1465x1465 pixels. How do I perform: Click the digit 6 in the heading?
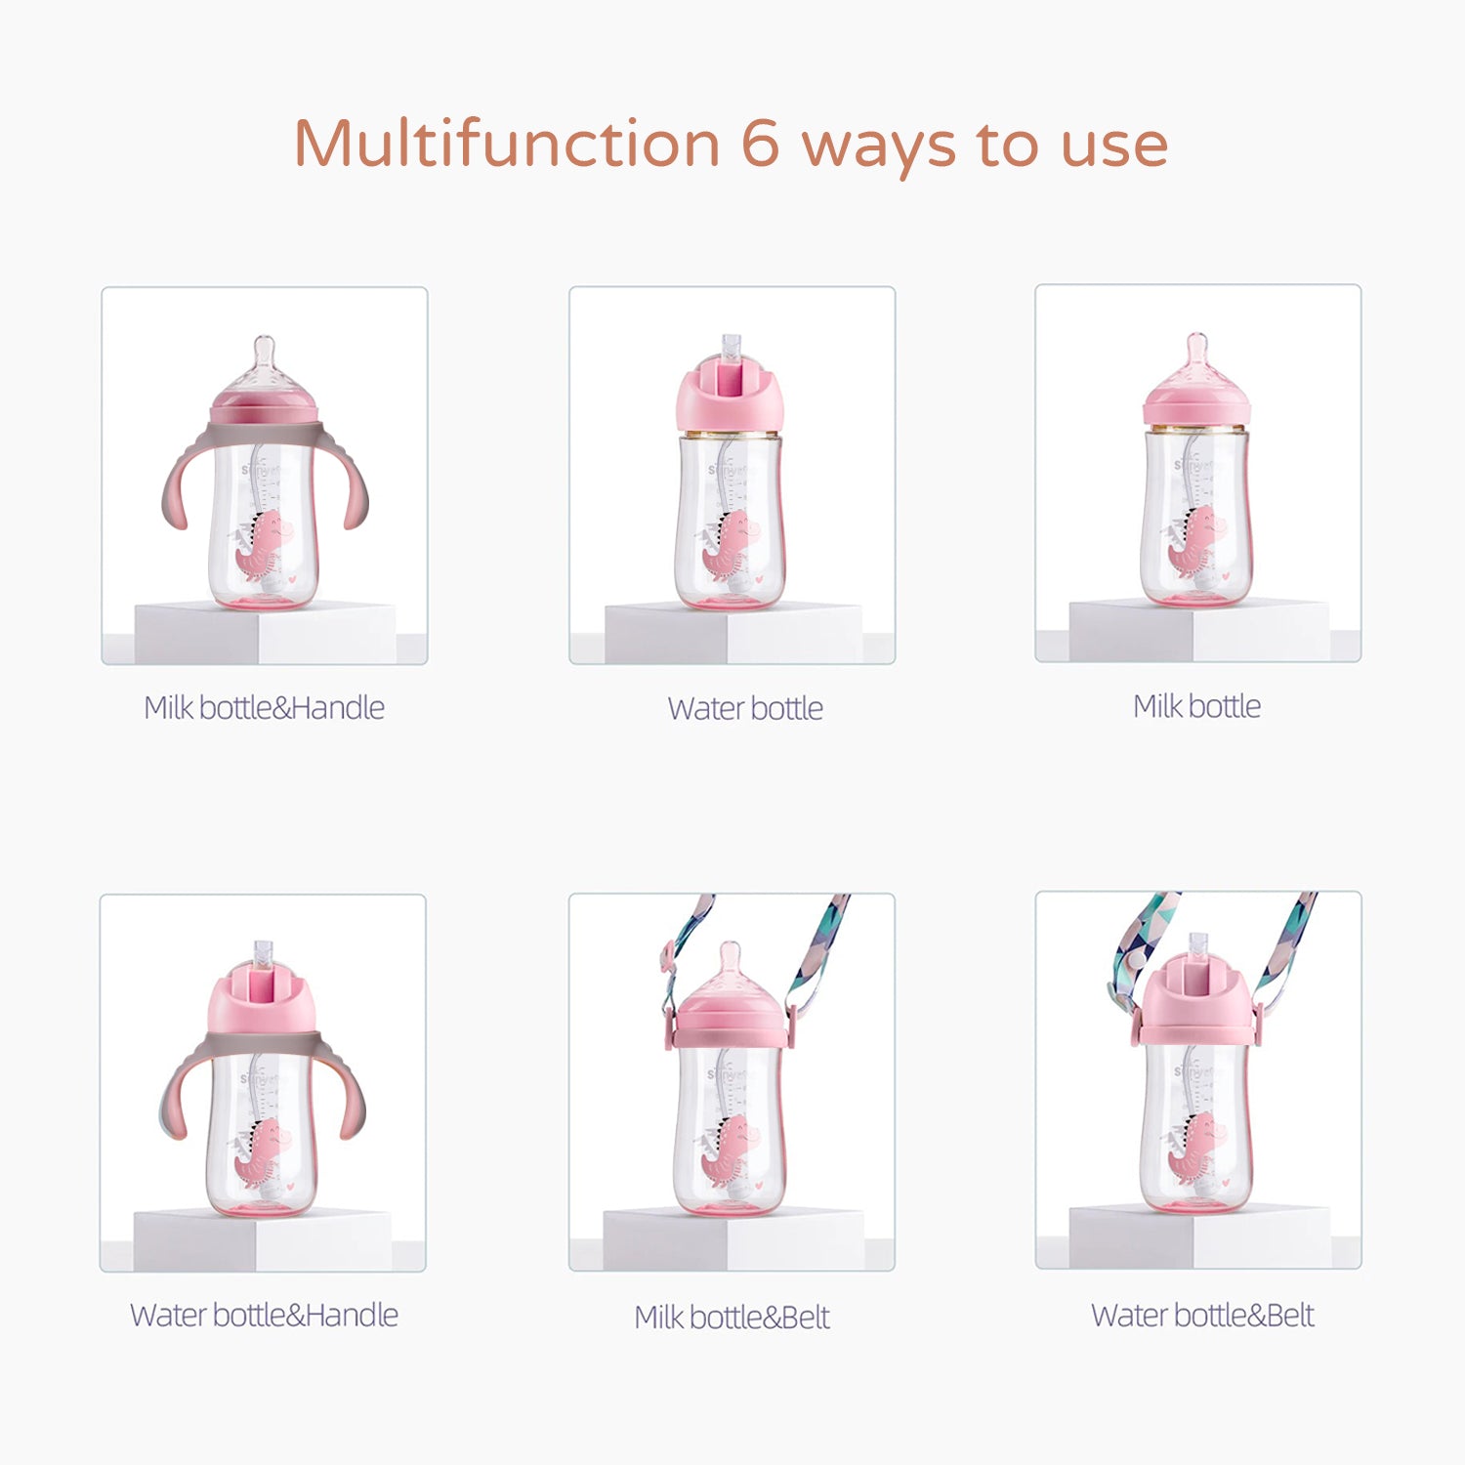761,143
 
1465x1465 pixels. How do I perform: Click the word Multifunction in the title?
507,143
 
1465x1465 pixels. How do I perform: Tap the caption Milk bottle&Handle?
264,707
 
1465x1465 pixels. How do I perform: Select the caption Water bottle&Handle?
264,1315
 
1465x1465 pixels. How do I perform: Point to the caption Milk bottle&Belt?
732,1317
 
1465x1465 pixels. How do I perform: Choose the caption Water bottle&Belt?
1202,1315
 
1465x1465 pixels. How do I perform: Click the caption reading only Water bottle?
745,708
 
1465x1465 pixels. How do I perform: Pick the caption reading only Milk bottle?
1196,706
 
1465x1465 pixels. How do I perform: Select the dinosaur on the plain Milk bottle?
1191,540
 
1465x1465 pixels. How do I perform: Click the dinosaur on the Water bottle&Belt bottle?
1191,1145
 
